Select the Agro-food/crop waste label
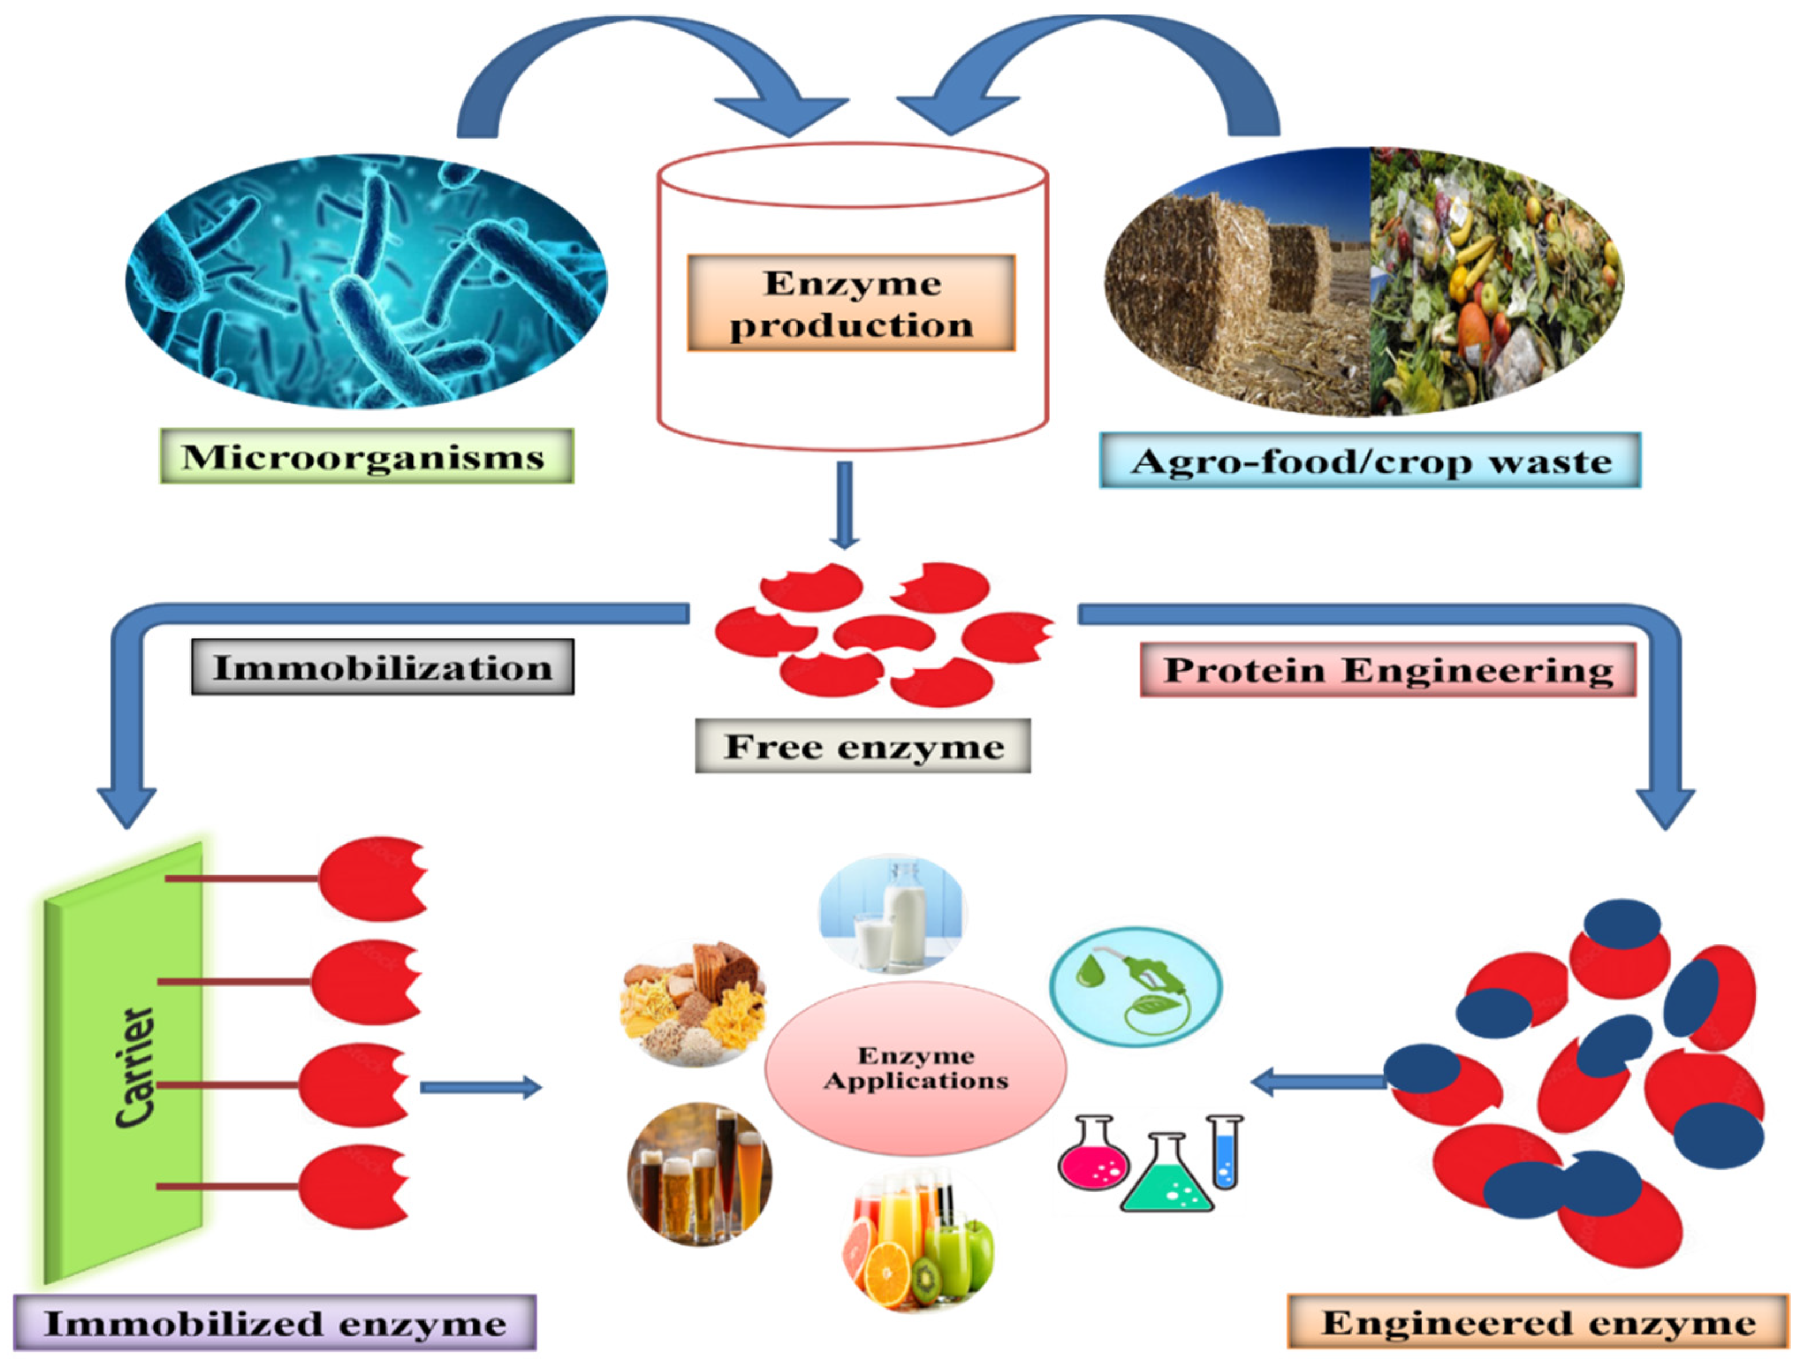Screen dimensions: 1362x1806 click(1369, 461)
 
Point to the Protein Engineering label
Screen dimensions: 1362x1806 click(1387, 670)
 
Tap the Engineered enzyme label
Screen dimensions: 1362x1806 click(1538, 1322)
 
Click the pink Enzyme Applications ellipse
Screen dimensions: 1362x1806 click(915, 1068)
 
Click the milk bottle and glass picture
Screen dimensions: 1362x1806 click(893, 914)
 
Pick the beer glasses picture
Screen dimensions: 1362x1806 click(700, 1173)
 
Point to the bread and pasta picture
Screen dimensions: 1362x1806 click(694, 1005)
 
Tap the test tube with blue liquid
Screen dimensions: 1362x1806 click(1225, 1151)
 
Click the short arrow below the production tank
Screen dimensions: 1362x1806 click(845, 506)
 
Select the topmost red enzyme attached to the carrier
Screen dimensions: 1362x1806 click(371, 879)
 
